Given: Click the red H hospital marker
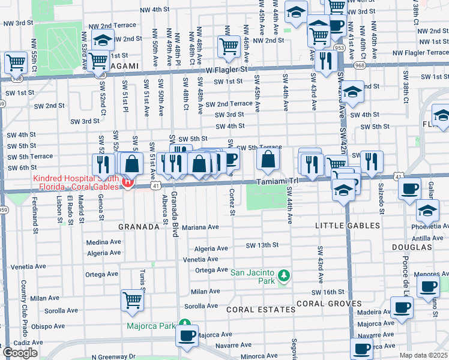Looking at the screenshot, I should [127, 182].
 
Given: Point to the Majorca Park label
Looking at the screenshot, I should [149, 326].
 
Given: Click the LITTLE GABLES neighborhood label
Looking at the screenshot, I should [348, 226].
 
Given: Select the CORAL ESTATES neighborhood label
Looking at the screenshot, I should [261, 310].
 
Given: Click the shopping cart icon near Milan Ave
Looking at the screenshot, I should [132, 300].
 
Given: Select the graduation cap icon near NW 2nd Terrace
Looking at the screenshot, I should [103, 39].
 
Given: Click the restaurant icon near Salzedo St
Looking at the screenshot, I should [372, 161].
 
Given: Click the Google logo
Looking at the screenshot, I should [20, 353].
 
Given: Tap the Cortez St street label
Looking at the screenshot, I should [232, 202].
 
